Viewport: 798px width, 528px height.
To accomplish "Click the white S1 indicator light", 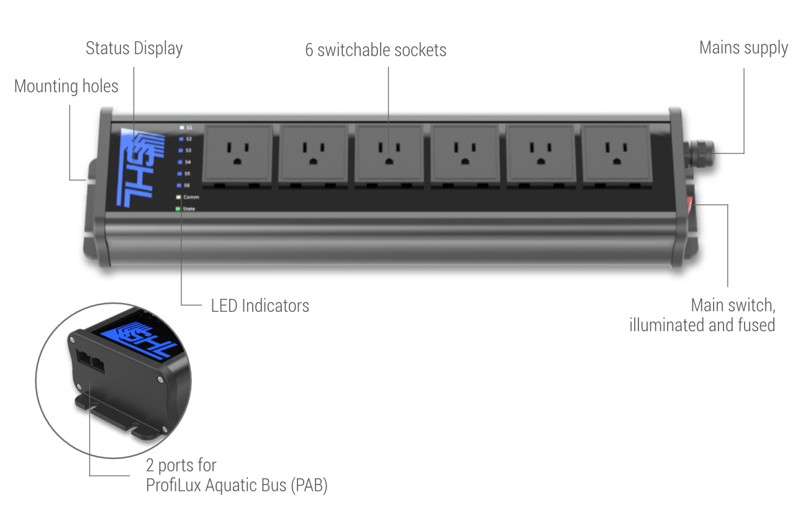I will [181, 127].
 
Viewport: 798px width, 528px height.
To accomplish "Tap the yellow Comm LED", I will [179, 197].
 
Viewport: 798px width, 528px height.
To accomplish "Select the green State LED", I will [178, 209].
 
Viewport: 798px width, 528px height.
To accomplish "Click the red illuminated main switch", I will [691, 207].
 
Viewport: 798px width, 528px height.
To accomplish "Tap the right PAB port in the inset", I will [97, 364].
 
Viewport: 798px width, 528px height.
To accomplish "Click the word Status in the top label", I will [106, 48].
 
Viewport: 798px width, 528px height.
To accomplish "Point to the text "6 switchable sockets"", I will [375, 50].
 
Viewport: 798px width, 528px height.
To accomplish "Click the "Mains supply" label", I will [743, 48].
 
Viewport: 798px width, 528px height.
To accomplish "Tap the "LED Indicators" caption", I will [260, 306].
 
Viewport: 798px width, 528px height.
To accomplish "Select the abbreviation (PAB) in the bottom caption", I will [308, 485].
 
